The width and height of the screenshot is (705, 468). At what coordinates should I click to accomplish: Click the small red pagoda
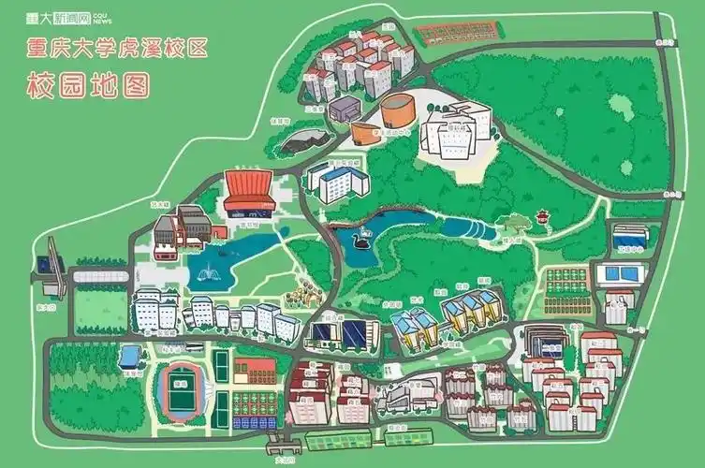click(542, 219)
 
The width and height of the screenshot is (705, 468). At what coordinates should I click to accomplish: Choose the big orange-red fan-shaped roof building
click(248, 185)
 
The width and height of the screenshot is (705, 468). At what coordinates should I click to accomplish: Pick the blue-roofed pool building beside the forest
click(131, 355)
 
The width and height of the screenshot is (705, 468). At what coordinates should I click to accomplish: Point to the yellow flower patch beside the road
click(299, 293)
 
